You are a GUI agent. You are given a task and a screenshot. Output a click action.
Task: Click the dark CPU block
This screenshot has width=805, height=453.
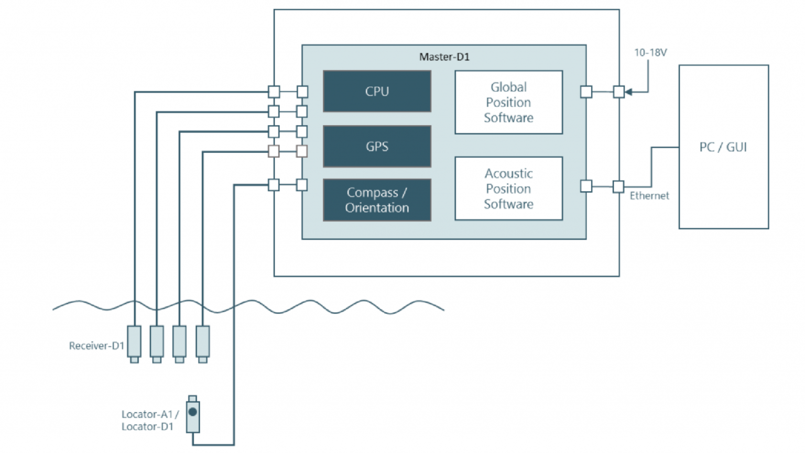coord(377,91)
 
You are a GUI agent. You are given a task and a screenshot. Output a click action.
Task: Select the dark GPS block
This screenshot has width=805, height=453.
coord(377,147)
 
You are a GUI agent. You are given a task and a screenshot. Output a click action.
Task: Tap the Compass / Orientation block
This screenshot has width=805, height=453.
coord(377,200)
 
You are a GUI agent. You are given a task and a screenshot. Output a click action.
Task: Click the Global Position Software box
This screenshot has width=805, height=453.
coord(508,103)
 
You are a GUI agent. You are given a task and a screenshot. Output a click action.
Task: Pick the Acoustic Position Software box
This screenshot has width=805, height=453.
coord(508,189)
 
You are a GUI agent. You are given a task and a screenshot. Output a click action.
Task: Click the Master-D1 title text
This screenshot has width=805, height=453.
coord(444,57)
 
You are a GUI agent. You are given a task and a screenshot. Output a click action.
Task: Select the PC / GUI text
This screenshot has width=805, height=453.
coord(723,147)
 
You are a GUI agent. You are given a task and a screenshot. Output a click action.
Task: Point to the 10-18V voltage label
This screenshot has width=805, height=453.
coord(650,52)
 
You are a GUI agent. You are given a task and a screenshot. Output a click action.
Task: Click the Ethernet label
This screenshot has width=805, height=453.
coord(649,196)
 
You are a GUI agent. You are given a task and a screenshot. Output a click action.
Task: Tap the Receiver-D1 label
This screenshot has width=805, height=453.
coord(96,346)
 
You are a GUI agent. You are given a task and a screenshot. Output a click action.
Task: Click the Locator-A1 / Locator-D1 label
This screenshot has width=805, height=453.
coord(150,421)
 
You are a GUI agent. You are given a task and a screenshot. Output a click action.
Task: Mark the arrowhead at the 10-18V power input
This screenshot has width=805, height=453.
coord(629,92)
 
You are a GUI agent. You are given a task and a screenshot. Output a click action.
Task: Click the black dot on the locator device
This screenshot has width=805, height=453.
coord(193,412)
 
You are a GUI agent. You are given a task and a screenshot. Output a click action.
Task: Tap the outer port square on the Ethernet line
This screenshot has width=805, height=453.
coord(618,186)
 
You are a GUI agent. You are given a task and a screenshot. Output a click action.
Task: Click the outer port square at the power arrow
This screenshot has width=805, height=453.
coord(619,92)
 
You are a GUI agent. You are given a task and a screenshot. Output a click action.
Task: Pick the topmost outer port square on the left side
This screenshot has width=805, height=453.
coord(274,92)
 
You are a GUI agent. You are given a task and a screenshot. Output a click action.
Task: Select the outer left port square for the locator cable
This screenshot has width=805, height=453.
coord(274,185)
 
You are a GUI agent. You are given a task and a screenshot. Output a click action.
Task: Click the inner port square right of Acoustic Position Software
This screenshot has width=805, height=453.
coord(586,186)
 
